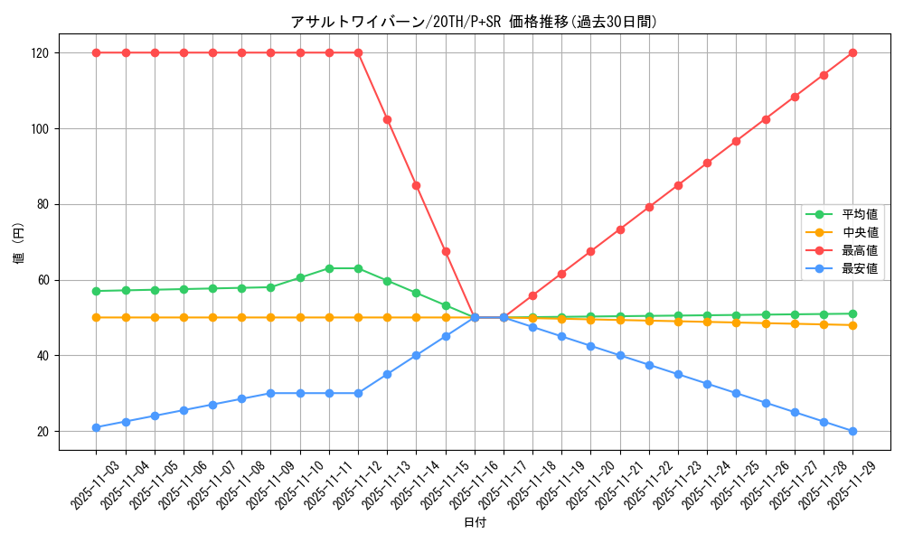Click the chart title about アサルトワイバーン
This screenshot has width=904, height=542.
(474, 22)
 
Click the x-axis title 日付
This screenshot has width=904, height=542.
(475, 523)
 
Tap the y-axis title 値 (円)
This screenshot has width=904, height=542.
(19, 244)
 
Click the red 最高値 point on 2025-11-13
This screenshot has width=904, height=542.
(387, 119)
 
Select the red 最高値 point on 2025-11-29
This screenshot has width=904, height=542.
(852, 52)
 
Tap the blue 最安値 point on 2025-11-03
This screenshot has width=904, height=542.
(97, 427)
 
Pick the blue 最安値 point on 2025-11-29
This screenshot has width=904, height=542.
(852, 431)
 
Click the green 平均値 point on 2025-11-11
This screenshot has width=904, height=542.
(329, 268)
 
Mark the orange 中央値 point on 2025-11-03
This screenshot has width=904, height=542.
(97, 317)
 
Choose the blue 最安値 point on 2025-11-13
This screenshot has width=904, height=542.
(387, 374)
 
